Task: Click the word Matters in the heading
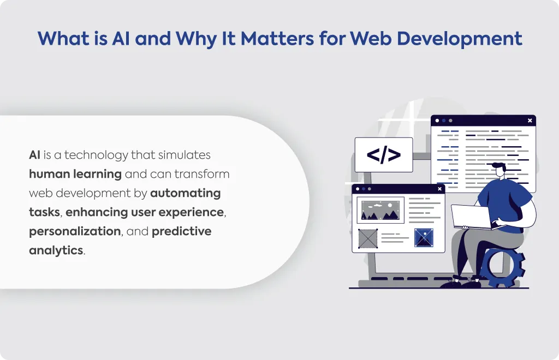(277, 39)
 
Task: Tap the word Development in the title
(460, 39)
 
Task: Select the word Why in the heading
(196, 39)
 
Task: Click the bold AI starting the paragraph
(34, 155)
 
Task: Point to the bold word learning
(97, 175)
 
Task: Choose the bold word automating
(186, 193)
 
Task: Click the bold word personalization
(75, 231)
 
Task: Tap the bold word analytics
(56, 251)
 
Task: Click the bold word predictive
(181, 231)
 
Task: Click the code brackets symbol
(384, 155)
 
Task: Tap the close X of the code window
(530, 121)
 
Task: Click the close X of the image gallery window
(439, 189)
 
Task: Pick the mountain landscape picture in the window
(380, 211)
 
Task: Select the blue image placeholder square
(424, 237)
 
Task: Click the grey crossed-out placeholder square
(368, 238)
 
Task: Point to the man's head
(499, 170)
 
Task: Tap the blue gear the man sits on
(503, 266)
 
